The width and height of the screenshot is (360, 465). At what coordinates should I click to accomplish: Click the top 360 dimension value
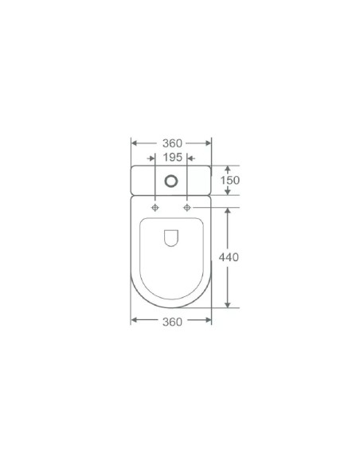click(x=172, y=143)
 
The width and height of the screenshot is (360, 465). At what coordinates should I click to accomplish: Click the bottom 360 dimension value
click(x=172, y=322)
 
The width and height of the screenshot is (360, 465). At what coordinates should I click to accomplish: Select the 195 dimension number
click(x=173, y=157)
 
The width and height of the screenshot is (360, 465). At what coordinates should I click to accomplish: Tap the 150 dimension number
click(x=230, y=180)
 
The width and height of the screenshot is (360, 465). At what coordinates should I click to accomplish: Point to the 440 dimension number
click(x=229, y=257)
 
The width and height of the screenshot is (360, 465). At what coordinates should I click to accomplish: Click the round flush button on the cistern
click(x=171, y=182)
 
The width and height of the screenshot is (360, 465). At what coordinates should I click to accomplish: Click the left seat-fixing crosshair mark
click(x=155, y=208)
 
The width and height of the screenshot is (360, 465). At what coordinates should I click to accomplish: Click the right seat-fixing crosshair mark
click(x=187, y=208)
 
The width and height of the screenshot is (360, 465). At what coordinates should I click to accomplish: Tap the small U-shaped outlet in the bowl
click(x=171, y=238)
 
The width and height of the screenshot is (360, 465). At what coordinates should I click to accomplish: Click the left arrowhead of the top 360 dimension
click(x=134, y=143)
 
